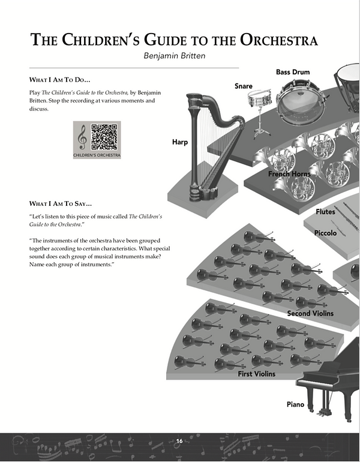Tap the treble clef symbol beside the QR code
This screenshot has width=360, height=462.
pyautogui.click(x=83, y=139)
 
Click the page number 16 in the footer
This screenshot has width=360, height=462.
pyautogui.click(x=179, y=441)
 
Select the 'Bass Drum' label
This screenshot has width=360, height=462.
pyautogui.click(x=293, y=72)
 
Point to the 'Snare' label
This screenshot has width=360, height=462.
pyautogui.click(x=243, y=86)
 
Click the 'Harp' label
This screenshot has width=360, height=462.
pyautogui.click(x=181, y=143)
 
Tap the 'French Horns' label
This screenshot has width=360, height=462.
pyautogui.click(x=289, y=174)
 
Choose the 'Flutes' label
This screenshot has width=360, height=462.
pyautogui.click(x=325, y=212)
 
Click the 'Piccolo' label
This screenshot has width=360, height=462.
pyautogui.click(x=326, y=232)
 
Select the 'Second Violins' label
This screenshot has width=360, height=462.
pyautogui.click(x=310, y=313)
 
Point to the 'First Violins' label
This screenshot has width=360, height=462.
pyautogui.click(x=257, y=374)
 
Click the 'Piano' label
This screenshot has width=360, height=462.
pyautogui.click(x=295, y=404)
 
